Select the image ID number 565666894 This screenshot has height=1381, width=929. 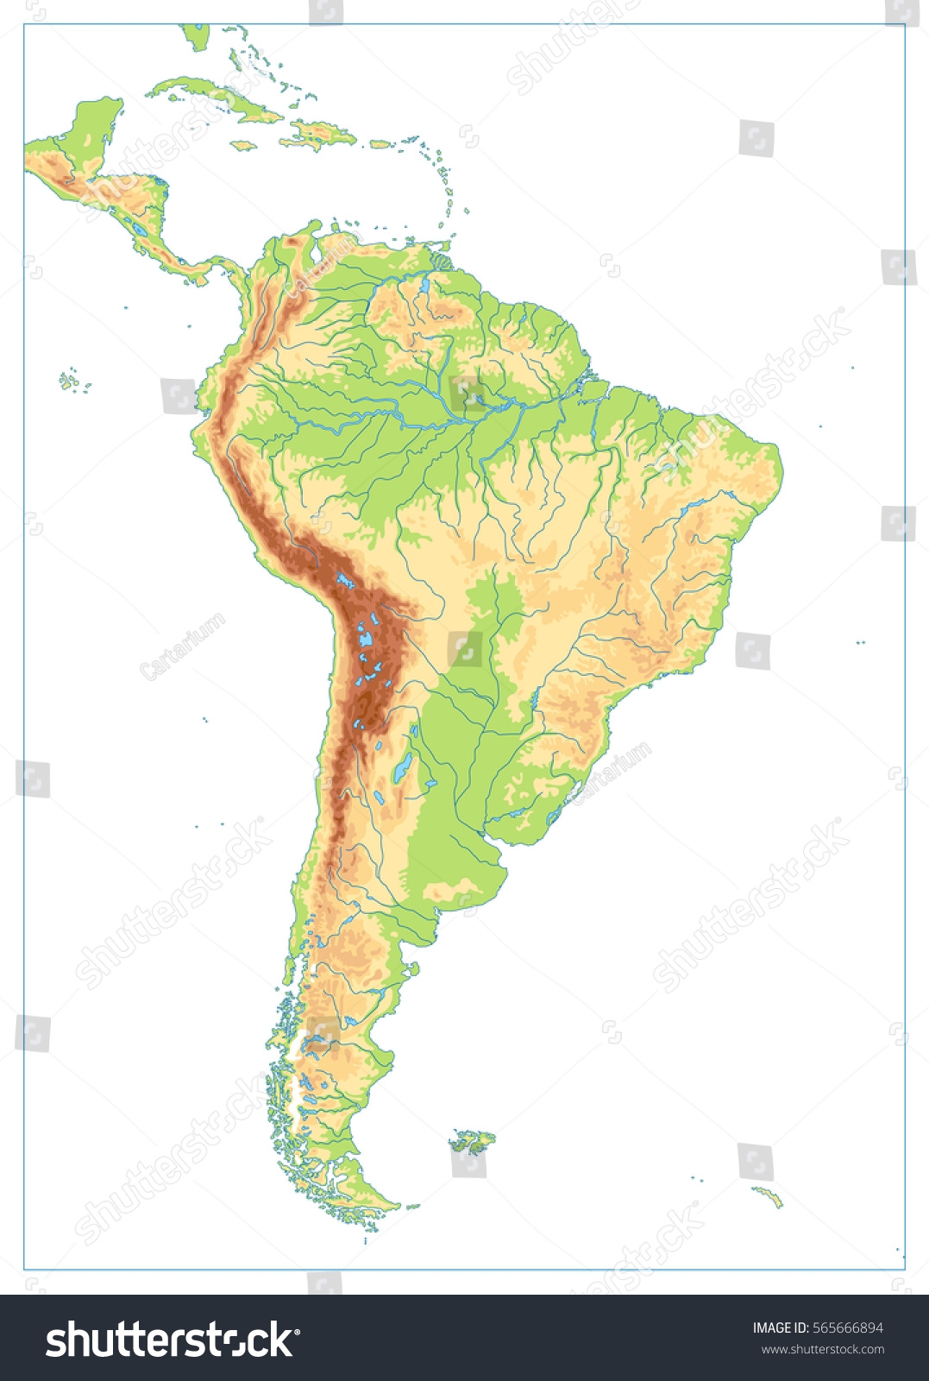point(817,1327)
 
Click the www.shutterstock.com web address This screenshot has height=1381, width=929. point(822,1350)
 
